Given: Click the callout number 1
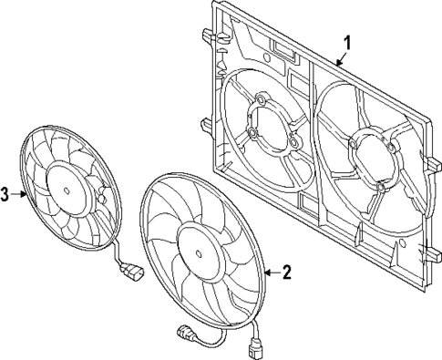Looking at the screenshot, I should coord(345,43).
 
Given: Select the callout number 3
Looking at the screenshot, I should coord(6,194).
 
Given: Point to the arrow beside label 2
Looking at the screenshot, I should coord(268,272).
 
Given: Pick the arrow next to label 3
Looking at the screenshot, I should coord(23,194).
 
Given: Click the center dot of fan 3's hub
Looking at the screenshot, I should coord(67,188).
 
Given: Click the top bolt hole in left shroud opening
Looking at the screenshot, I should coord(262,100).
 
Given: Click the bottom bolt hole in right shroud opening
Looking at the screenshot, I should coord(378,187).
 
